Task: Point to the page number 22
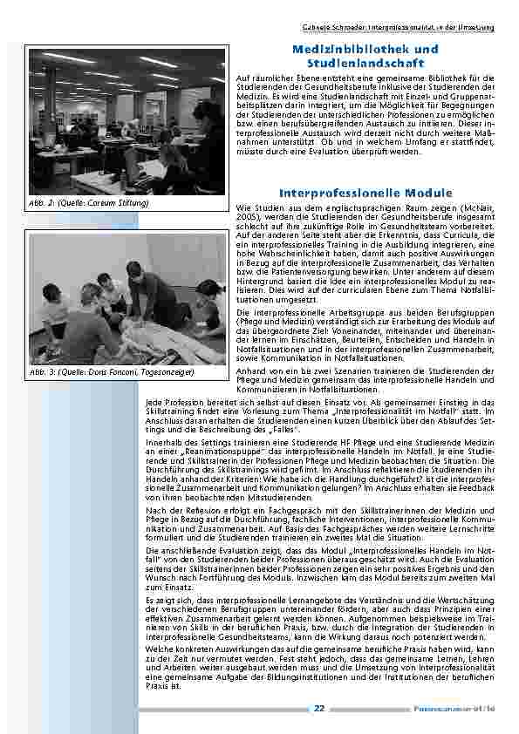(x=319, y=709)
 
